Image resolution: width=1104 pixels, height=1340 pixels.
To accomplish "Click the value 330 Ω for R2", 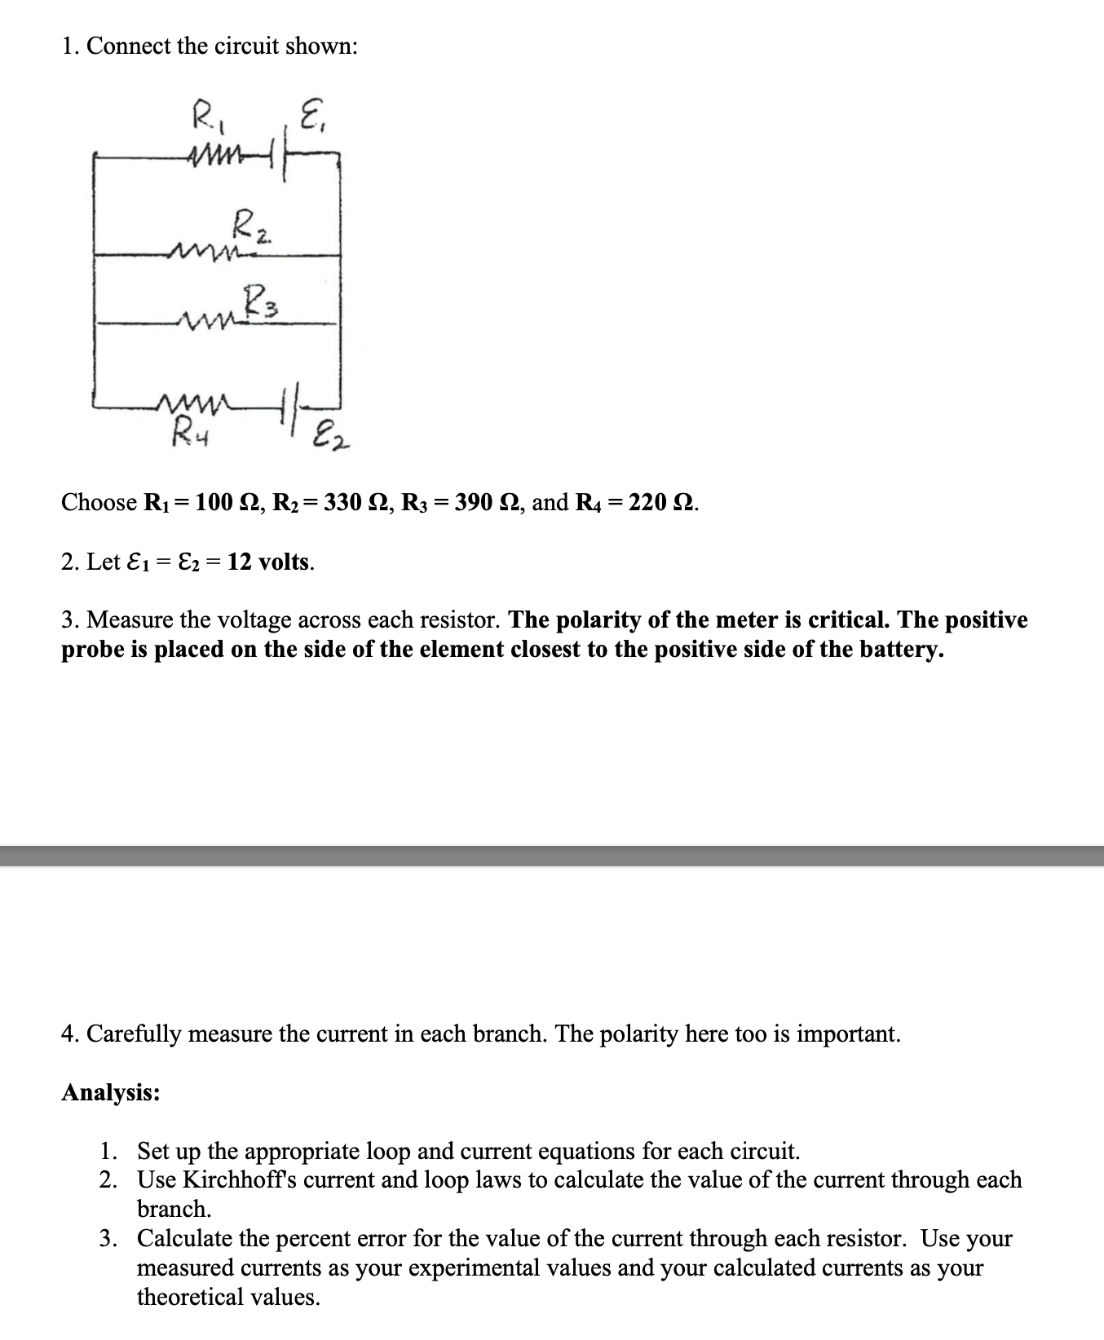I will coord(354,502).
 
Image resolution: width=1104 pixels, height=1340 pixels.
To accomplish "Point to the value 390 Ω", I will coord(484,502).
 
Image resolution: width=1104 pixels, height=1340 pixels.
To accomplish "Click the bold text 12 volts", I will coord(269,562).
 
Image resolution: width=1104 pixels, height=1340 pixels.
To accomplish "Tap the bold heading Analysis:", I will coord(111,1092).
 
